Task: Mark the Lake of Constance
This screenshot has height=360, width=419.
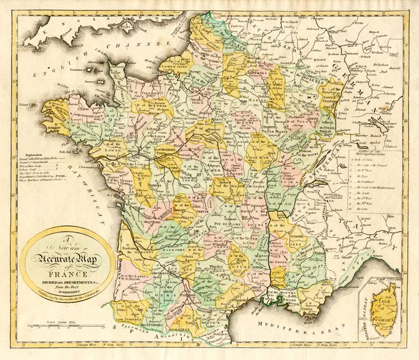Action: [x=374, y=120]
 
